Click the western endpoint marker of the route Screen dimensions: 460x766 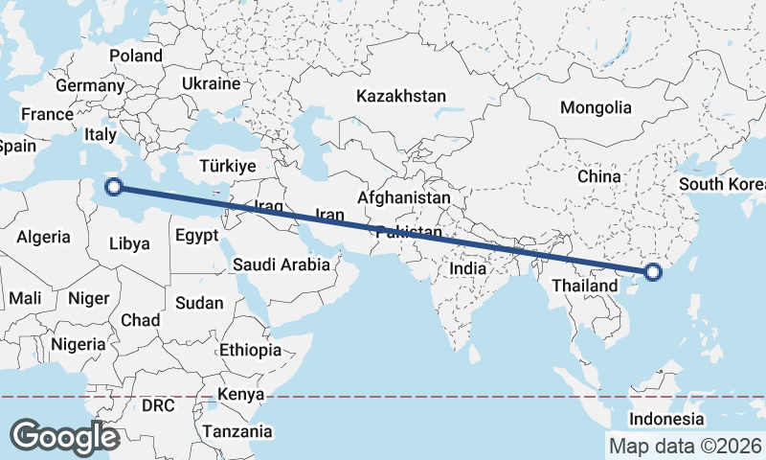113,187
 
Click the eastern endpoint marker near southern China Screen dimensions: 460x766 653,272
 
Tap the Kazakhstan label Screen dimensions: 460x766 401,96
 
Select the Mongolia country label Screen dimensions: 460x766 596,107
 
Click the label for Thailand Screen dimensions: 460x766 585,286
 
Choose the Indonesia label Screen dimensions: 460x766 666,420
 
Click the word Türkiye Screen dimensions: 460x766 227,166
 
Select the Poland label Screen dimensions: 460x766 136,56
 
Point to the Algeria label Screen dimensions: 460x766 44,236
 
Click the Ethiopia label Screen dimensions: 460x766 250,350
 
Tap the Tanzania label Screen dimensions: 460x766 237,431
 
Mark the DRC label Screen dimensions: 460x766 158,405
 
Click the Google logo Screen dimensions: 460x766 64,436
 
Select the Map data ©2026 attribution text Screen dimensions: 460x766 686,446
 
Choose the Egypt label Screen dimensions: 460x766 197,235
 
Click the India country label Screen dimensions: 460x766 468,269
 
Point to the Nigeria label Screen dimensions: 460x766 79,344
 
